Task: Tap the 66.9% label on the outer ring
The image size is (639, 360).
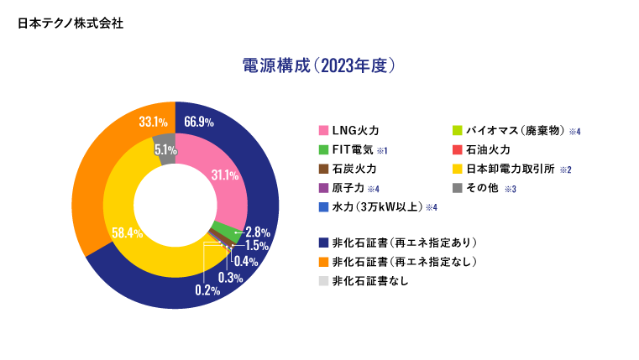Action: tap(199, 123)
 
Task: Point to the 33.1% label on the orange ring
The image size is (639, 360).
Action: tap(152, 123)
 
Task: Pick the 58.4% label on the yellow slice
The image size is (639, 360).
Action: tap(127, 232)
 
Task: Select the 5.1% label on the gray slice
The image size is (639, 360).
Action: tap(165, 149)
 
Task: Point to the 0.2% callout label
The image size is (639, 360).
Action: tap(207, 290)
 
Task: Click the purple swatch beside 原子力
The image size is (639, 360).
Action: tap(323, 187)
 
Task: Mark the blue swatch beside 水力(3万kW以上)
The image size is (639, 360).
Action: tap(323, 206)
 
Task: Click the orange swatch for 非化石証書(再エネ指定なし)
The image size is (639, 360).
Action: tap(323, 262)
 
